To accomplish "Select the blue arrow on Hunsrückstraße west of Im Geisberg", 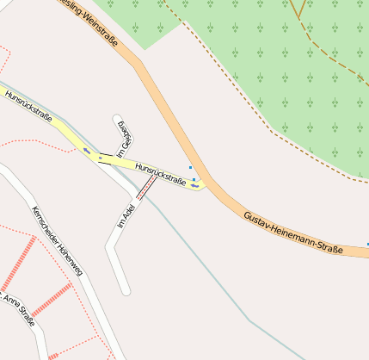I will (86, 152).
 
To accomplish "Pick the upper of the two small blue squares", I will (190, 168).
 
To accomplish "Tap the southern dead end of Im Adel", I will (126, 290).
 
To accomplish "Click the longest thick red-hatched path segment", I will (18, 264).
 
